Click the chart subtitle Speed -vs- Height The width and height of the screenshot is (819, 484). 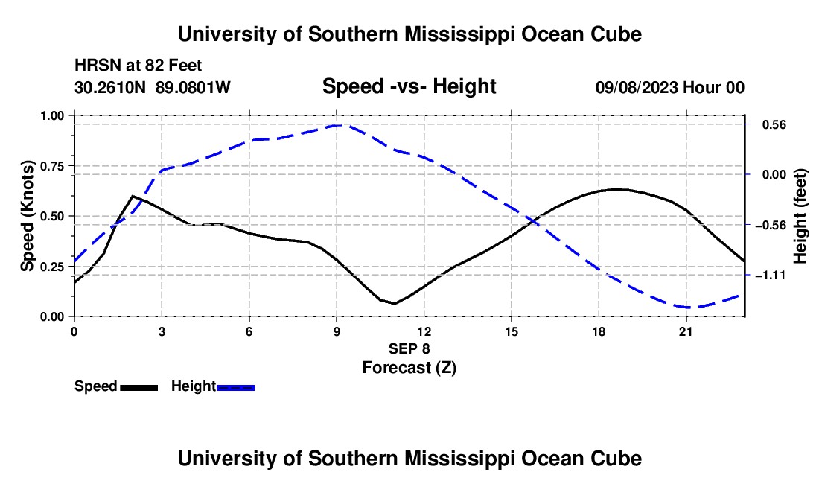409,86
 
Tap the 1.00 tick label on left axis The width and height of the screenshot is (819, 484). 52,116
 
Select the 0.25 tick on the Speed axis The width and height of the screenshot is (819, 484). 52,267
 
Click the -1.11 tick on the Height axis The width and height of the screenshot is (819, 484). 771,276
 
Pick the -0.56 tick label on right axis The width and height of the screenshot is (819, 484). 771,225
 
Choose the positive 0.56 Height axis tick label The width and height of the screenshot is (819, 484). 774,125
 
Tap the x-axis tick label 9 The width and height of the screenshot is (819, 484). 337,331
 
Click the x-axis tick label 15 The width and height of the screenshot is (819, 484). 512,331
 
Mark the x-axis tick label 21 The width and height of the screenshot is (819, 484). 686,331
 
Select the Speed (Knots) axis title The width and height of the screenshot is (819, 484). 27,216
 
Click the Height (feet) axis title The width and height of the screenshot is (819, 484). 800,216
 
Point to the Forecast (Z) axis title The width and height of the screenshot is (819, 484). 409,368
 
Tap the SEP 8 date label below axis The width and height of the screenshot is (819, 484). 409,348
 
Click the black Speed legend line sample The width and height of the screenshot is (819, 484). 139,388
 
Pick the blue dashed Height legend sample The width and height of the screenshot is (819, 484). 235,388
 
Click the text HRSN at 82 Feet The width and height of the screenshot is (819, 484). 138,66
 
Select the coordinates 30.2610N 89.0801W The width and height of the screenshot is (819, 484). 152,87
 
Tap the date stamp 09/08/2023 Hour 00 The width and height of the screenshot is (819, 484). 670,87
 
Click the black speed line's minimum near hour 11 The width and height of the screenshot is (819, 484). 395,303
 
